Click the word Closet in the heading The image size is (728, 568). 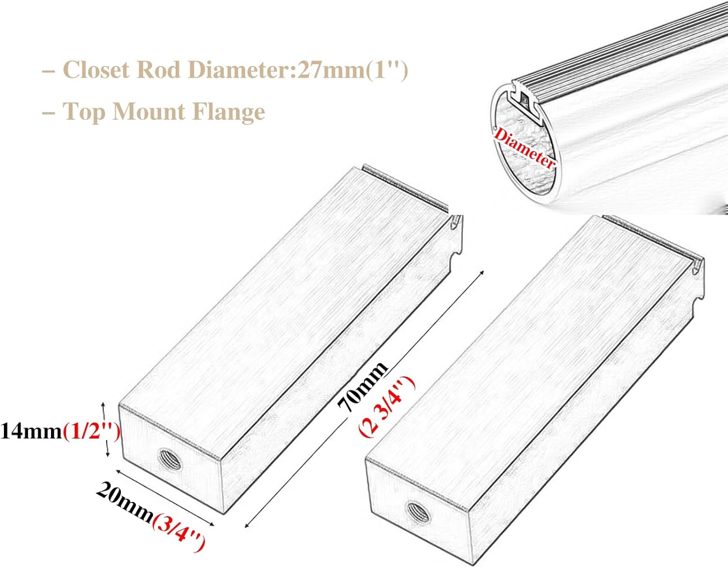96,69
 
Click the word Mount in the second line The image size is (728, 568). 149,112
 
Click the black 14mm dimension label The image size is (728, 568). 31,431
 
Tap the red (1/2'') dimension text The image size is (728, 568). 91,431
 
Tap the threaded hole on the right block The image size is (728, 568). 418,511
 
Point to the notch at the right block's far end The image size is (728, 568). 699,303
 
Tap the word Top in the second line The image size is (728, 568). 83,112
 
